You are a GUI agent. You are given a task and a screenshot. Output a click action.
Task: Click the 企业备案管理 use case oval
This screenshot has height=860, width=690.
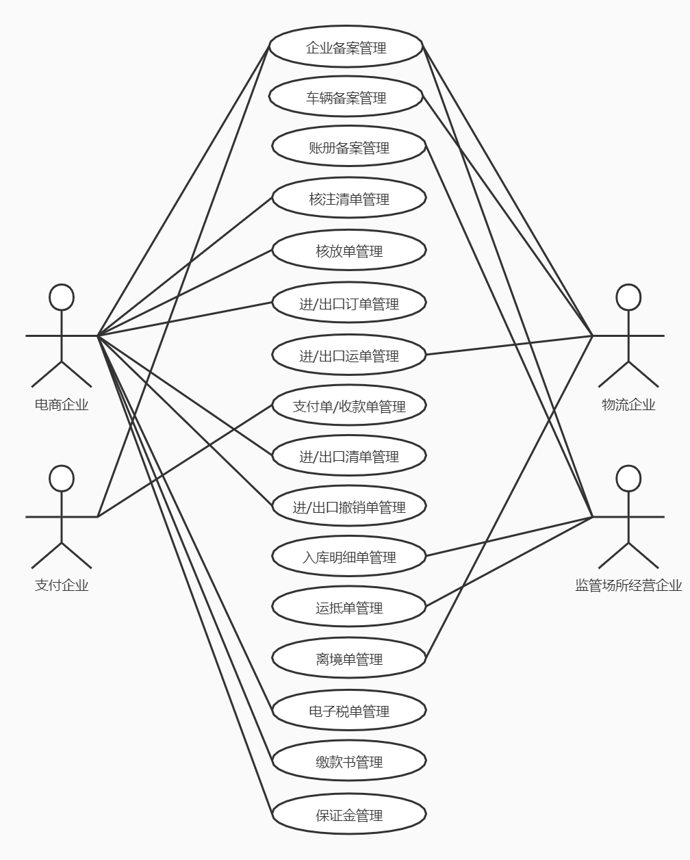[x=346, y=47]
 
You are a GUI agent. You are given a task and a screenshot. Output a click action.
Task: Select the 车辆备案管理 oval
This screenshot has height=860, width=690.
[x=346, y=97]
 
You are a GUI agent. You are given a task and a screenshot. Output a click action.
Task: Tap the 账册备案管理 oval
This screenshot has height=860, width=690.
[x=349, y=147]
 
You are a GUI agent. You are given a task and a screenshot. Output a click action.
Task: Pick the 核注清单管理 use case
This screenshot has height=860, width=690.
[x=349, y=199]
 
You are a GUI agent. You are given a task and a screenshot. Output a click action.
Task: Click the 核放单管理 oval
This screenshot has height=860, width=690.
[x=349, y=251]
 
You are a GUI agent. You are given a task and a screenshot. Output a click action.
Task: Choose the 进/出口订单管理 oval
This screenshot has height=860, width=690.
[x=349, y=303]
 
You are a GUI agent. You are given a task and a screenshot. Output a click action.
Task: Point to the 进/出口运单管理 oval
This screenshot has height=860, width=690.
[x=349, y=355]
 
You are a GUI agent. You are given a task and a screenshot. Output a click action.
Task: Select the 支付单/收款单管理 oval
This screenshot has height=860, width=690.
[x=349, y=406]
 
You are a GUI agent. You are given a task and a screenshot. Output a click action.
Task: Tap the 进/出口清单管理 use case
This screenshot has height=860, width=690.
[x=349, y=456]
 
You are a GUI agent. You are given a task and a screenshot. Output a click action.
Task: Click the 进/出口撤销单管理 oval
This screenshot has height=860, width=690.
[x=349, y=507]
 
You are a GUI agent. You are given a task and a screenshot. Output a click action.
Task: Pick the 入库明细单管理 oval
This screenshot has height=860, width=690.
[x=349, y=557]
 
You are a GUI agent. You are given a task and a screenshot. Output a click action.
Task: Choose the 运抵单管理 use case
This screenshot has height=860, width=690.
[x=349, y=607]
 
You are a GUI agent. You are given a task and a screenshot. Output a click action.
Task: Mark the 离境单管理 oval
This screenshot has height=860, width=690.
[x=349, y=659]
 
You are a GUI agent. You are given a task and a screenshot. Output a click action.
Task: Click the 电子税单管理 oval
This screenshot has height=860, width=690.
[x=349, y=711]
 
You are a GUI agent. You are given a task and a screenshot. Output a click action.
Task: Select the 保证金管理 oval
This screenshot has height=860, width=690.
[x=349, y=815]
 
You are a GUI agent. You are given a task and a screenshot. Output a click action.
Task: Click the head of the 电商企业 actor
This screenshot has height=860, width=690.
[x=62, y=297]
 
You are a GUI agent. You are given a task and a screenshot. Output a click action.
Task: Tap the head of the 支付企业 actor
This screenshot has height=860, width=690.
[x=62, y=478]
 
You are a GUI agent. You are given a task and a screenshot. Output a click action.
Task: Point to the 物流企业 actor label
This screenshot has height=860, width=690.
[x=628, y=405]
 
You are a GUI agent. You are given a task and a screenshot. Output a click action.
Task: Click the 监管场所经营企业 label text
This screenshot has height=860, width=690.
[x=628, y=585]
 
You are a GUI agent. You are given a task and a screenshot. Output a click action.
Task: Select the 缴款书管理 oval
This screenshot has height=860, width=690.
[x=349, y=761]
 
